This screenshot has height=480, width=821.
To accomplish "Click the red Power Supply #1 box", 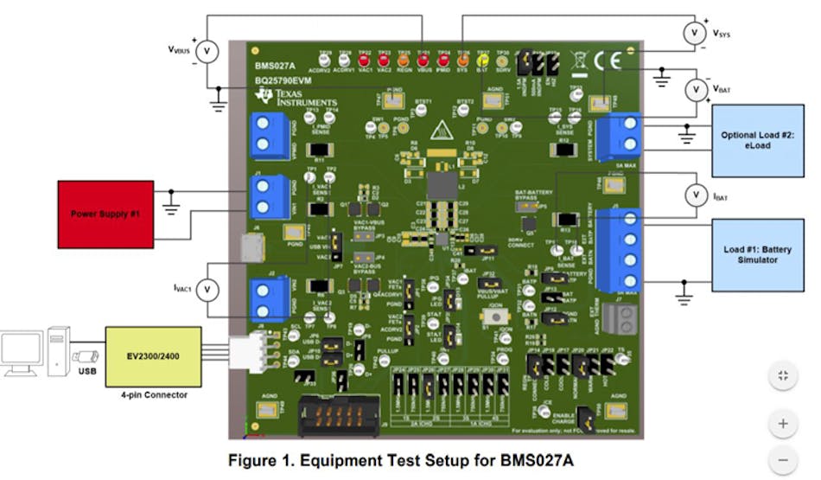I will tap(105, 211).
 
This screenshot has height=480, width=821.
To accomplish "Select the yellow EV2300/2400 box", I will tap(153, 355).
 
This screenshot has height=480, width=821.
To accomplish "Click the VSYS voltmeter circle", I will tap(695, 33).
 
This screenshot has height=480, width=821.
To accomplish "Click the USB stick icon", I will tap(86, 355).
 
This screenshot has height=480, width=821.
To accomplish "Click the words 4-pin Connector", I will tap(153, 394).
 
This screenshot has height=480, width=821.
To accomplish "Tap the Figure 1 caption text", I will tap(400, 461).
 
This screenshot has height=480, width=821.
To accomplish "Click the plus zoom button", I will tap(783, 424).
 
